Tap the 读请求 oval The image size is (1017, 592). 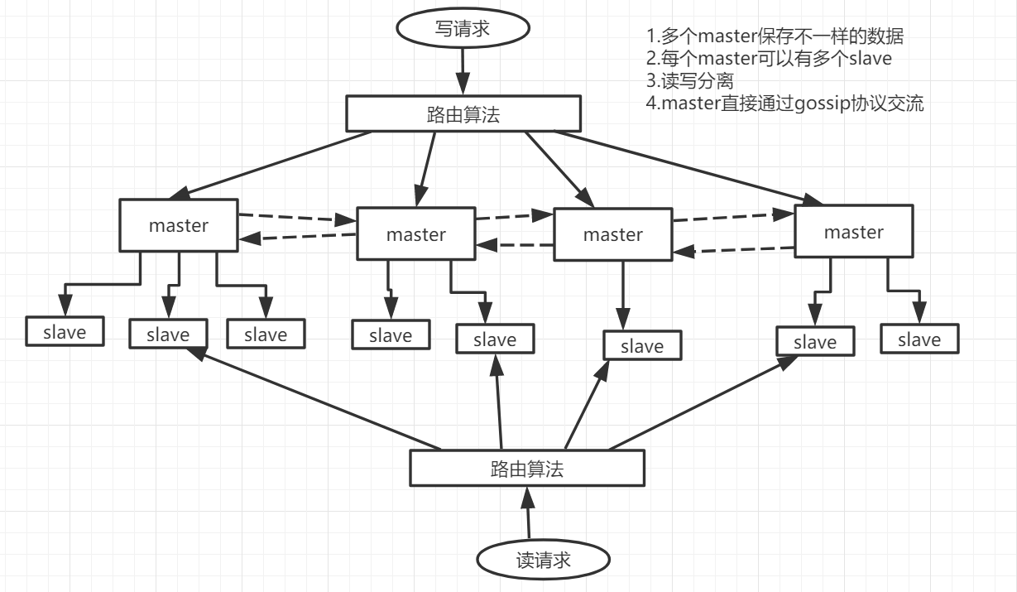point(543,561)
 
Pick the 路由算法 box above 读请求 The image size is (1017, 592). point(527,468)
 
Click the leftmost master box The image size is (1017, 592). point(179,224)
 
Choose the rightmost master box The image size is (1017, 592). point(853,232)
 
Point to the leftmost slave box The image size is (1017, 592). point(65,331)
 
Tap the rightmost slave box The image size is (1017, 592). point(919,339)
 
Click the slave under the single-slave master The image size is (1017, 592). point(642,345)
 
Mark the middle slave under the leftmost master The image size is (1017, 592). point(168,334)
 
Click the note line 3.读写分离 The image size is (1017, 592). point(690,81)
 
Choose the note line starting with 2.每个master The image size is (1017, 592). point(769,59)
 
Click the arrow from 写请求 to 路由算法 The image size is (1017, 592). point(462,71)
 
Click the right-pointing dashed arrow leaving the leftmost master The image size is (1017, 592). point(296,219)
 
